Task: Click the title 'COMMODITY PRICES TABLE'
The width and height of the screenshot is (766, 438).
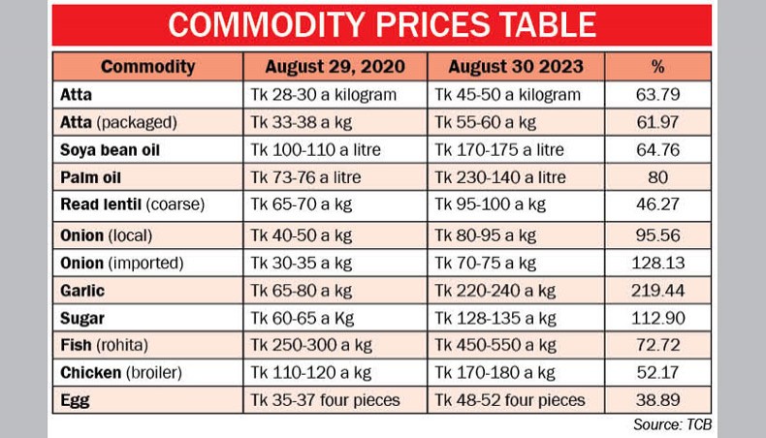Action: [382, 25]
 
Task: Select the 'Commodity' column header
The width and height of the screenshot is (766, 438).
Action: [147, 67]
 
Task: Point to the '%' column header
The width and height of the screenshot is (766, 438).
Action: [658, 67]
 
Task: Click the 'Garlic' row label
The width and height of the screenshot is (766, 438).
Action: [83, 290]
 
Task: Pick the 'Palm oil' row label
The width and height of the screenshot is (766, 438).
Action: [91, 178]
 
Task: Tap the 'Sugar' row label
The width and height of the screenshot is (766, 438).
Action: [83, 317]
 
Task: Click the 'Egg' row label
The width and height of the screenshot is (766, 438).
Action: [76, 400]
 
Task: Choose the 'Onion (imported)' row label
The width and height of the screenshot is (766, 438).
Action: [122, 262]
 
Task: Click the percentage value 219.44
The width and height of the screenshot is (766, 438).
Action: [658, 290]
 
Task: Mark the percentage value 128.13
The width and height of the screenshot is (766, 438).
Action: [658, 262]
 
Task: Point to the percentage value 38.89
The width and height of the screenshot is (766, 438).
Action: [658, 400]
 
